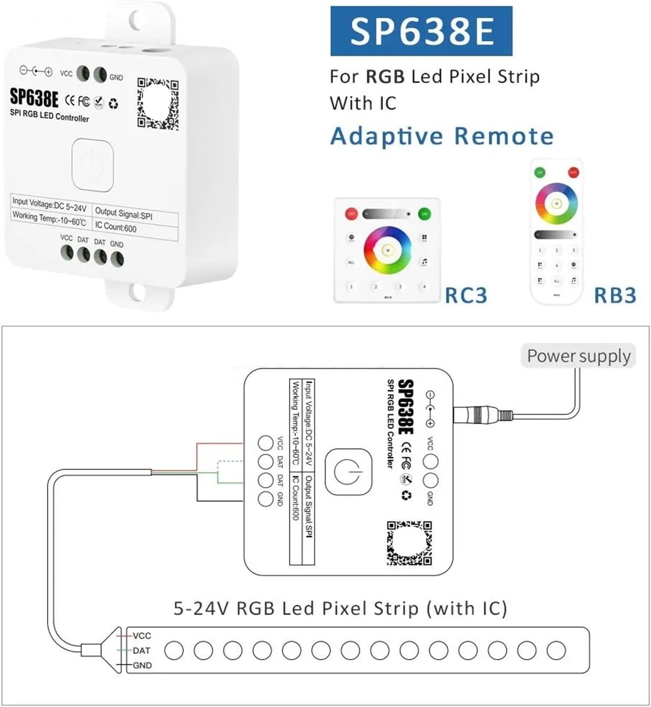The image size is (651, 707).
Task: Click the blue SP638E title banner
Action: pyautogui.click(x=421, y=31)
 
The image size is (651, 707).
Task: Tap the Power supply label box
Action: pyautogui.click(x=579, y=356)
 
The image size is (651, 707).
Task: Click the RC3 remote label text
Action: pyautogui.click(x=466, y=295)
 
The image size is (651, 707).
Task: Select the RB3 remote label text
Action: pyautogui.click(x=615, y=295)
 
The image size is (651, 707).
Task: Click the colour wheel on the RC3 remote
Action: pyautogui.click(x=387, y=250)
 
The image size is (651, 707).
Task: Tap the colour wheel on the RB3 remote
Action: pyautogui.click(x=556, y=203)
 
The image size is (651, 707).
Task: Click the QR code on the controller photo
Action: pyautogui.click(x=158, y=104)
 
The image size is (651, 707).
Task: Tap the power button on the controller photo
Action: pyautogui.click(x=93, y=164)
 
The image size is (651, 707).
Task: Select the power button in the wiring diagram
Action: pyautogui.click(x=348, y=472)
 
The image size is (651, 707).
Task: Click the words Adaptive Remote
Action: pyautogui.click(x=442, y=136)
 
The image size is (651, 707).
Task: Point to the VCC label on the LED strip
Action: pyautogui.click(x=142, y=635)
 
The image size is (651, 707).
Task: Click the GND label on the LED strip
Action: pyautogui.click(x=142, y=665)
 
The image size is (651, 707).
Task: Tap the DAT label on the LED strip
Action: pyautogui.click(x=141, y=651)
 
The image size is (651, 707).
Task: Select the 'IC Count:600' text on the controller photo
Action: pyautogui.click(x=116, y=227)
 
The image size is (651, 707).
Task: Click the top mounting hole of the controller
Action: pyautogui.click(x=138, y=19)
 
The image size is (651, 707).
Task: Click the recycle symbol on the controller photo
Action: pyautogui.click(x=114, y=104)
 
